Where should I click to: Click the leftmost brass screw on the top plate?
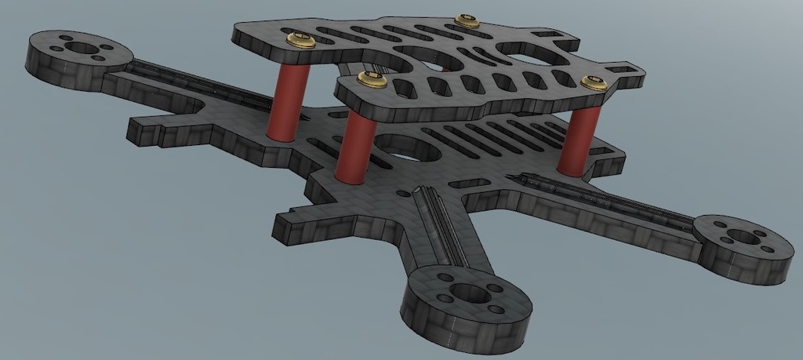point(300,39)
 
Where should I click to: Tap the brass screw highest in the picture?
point(467,20)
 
